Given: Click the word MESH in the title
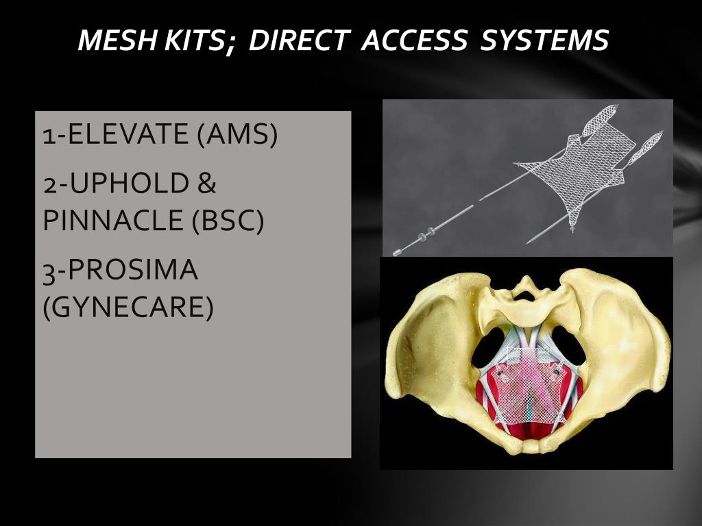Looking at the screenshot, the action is pos(117,40).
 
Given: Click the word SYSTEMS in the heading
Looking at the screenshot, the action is pos(544,40).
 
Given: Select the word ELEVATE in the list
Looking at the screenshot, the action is pos(128,134).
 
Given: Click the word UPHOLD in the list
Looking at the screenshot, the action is pos(129,184).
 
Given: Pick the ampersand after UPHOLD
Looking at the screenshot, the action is pos(206,184).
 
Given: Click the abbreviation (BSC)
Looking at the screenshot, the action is pos(228,221).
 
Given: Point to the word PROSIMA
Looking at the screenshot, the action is pos(132,270).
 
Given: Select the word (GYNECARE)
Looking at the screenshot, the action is pos(128,308).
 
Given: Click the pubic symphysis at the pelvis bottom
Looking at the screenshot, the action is pos(531,446).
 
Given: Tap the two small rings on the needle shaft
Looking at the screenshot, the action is pos(426,234).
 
